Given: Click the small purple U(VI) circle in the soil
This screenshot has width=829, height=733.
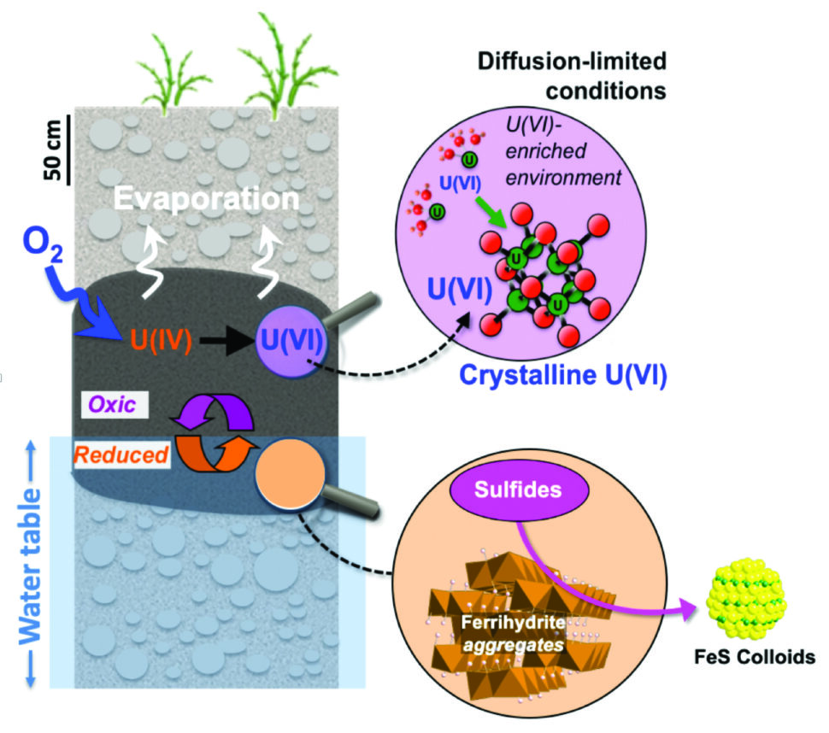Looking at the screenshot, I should click(291, 343).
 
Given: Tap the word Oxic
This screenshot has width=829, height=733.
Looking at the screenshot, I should click(113, 406).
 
